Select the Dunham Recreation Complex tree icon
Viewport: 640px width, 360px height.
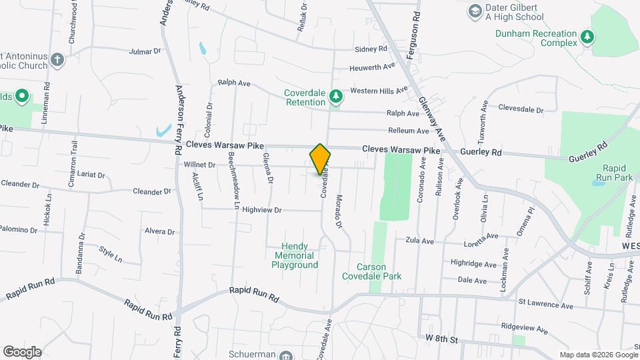tap(587, 37)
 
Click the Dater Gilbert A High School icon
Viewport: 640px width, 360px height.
tap(474, 11)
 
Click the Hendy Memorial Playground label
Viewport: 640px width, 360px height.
tap(294, 255)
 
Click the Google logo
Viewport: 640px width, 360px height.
tap(22, 351)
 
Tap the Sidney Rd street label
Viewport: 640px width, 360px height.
tap(371, 49)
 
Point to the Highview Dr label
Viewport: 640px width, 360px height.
tap(263, 209)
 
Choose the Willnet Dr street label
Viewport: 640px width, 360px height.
tap(200, 164)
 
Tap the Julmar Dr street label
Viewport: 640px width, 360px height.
tap(145, 51)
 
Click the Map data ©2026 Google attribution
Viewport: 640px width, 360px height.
tap(598, 355)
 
